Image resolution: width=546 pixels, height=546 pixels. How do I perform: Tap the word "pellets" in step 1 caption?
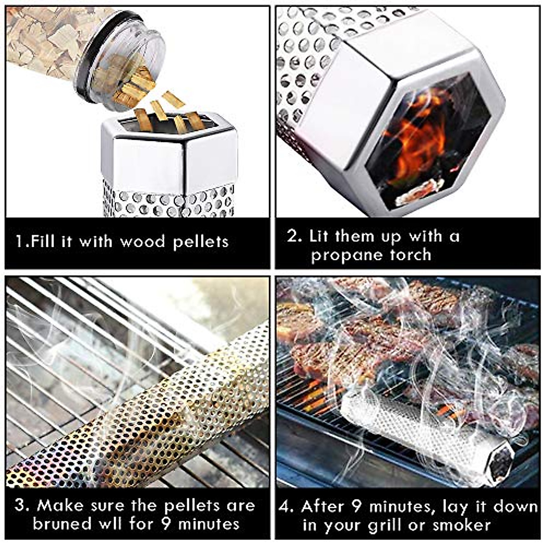201,242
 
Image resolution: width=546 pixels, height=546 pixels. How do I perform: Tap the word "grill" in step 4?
386,525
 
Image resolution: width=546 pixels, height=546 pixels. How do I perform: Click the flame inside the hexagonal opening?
412,136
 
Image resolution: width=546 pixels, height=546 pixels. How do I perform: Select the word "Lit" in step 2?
319,236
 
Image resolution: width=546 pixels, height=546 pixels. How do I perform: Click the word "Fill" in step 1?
44,241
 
